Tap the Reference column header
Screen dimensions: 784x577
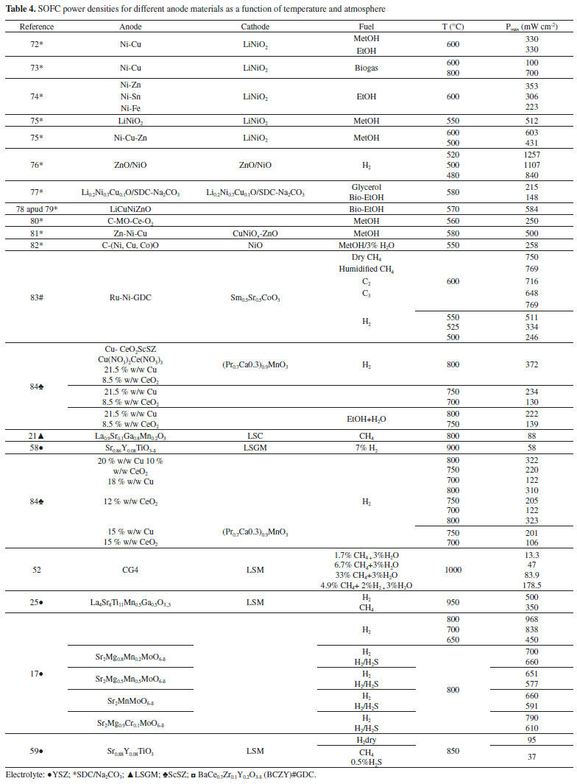[x=36, y=27]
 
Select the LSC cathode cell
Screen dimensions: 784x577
[x=255, y=437]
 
